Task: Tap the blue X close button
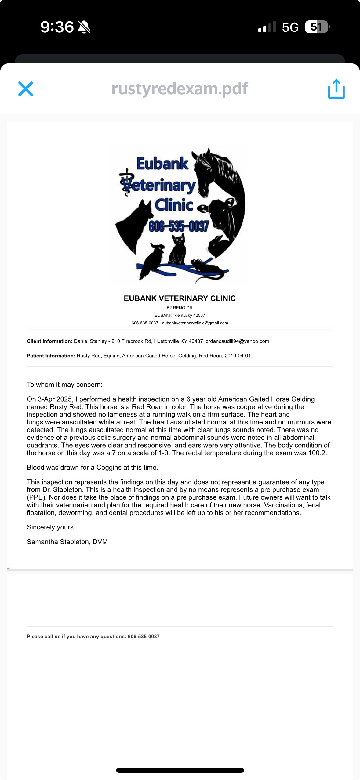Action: point(26,89)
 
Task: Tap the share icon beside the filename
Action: point(336,89)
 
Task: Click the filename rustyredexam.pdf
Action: point(180,88)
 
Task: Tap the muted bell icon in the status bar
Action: point(84,27)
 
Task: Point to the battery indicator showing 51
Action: point(317,27)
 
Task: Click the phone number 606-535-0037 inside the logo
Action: point(179,226)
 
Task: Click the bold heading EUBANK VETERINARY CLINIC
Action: point(180,298)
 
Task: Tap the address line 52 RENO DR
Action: point(180,308)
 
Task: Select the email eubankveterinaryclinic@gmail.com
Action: point(195,323)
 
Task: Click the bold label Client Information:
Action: point(49,341)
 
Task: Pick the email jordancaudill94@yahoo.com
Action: point(237,341)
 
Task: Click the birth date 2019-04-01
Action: point(238,356)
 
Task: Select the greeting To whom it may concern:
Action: point(65,385)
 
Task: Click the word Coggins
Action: point(109,468)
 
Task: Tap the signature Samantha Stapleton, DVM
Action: point(67,542)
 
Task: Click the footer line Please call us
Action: point(93,637)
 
